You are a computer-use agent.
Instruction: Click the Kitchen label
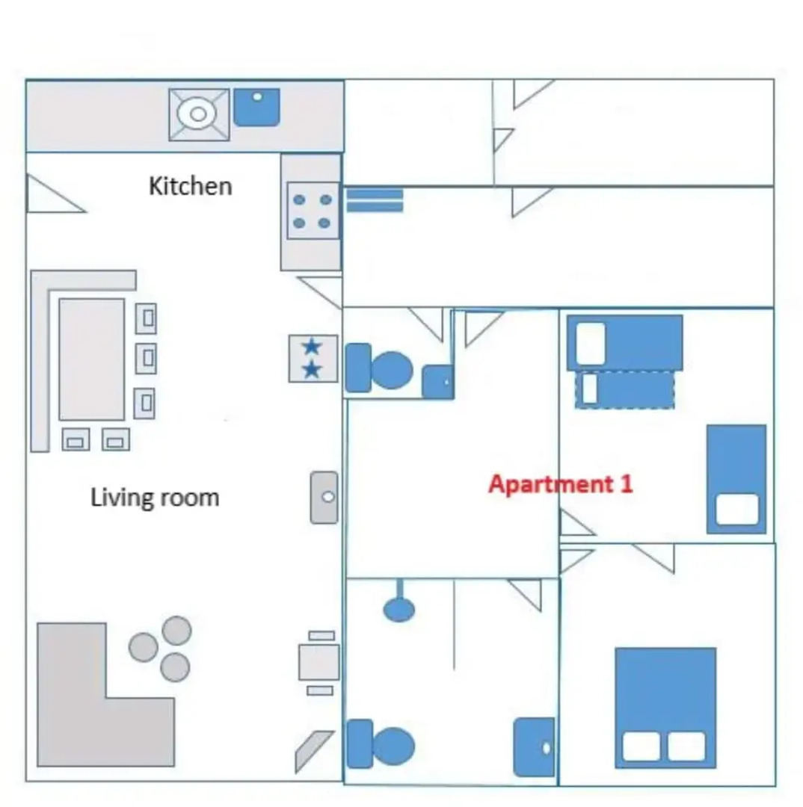pyautogui.click(x=190, y=186)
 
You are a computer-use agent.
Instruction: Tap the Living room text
pyautogui.click(x=155, y=498)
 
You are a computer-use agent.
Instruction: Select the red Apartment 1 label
pyautogui.click(x=561, y=484)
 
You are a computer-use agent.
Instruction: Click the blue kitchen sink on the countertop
pyautogui.click(x=256, y=107)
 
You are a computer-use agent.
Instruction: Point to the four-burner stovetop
pyautogui.click(x=313, y=211)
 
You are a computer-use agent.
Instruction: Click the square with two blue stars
pyautogui.click(x=313, y=359)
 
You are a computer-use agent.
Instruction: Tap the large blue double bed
pyautogui.click(x=665, y=708)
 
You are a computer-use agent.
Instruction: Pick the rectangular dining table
pyautogui.click(x=92, y=359)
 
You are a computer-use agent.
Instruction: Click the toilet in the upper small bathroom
pyautogui.click(x=379, y=368)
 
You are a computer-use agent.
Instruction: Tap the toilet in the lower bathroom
pyautogui.click(x=381, y=744)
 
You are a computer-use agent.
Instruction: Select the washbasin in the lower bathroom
pyautogui.click(x=534, y=747)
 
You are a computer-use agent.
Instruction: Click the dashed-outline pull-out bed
pyautogui.click(x=624, y=390)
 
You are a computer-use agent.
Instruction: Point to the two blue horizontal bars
pyautogui.click(x=375, y=201)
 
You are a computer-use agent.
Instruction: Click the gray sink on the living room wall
pyautogui.click(x=324, y=498)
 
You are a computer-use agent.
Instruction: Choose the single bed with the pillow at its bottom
pyautogui.click(x=736, y=479)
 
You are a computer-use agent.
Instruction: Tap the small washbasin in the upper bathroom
pyautogui.click(x=438, y=382)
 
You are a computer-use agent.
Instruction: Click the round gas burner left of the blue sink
pyautogui.click(x=199, y=115)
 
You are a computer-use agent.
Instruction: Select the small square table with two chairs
pyautogui.click(x=319, y=663)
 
